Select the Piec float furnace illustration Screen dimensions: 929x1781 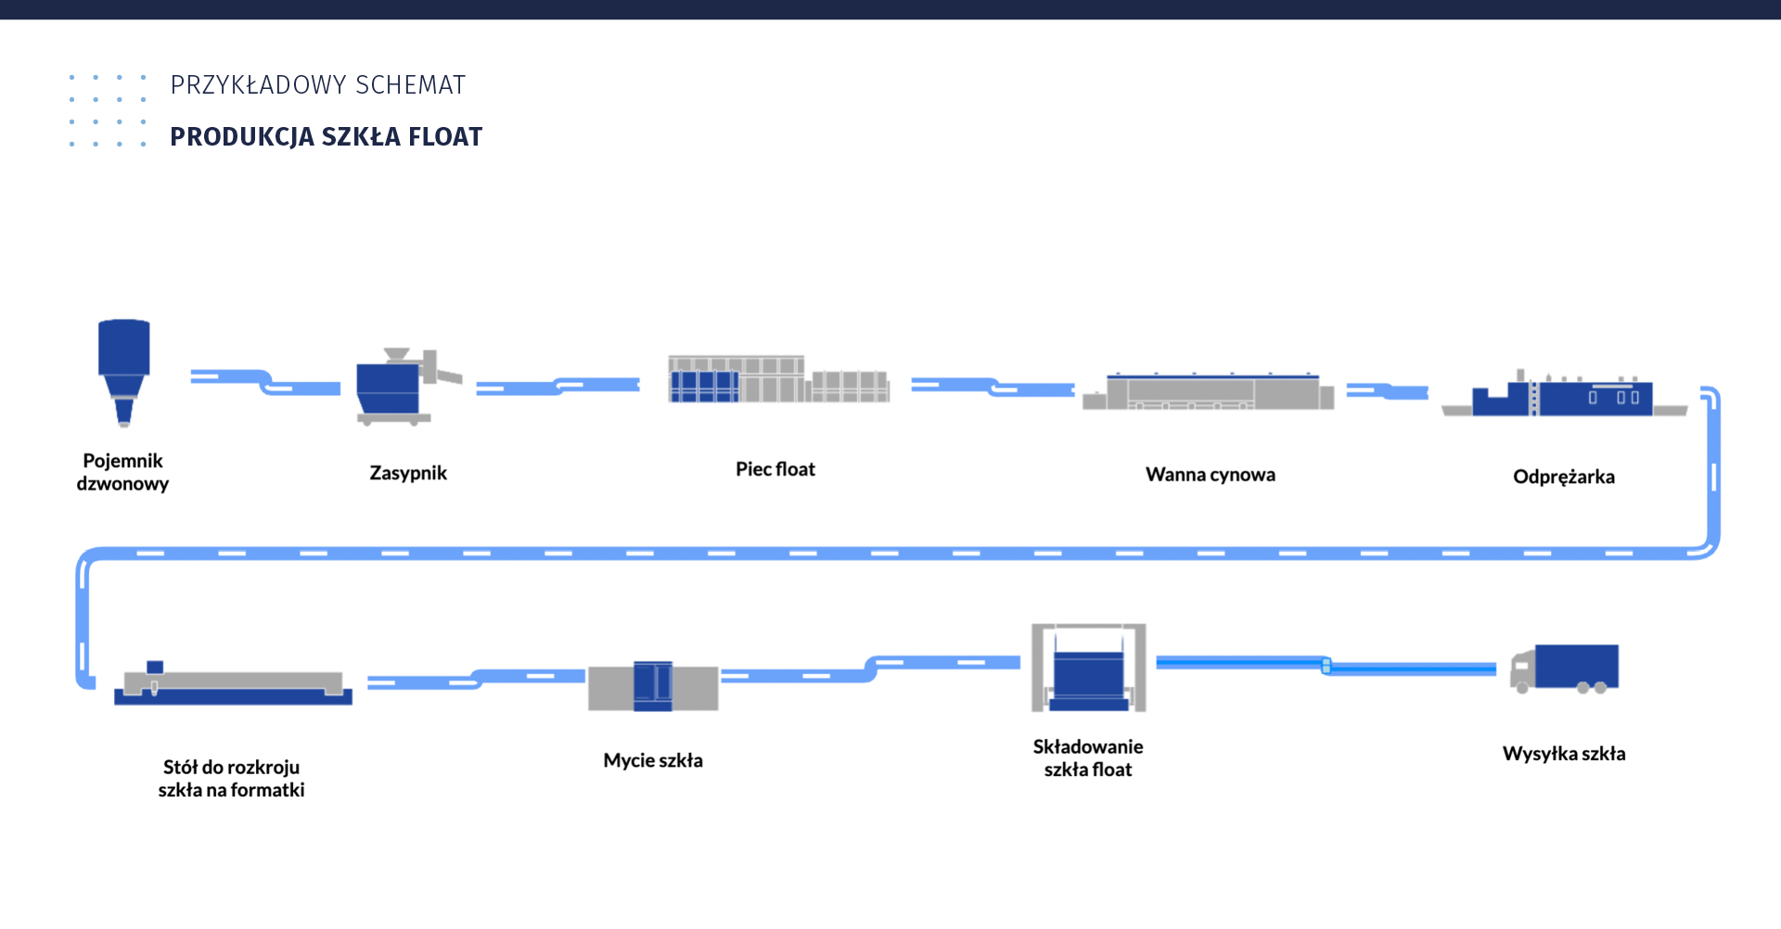click(777, 379)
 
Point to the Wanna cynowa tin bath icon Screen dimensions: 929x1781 click(1208, 391)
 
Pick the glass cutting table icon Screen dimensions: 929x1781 click(233, 687)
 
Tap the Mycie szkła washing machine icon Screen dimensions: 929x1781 click(653, 687)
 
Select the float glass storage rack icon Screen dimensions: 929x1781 click(1088, 668)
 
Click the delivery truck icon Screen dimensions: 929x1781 click(1565, 668)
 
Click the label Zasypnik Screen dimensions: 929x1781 click(408, 473)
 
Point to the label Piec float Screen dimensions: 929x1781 click(775, 469)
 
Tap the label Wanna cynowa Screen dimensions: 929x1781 click(1210, 475)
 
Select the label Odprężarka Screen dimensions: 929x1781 click(1563, 477)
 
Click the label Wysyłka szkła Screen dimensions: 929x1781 click(1563, 754)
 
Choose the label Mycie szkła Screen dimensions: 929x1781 click(653, 760)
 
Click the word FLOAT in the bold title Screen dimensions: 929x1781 click(445, 137)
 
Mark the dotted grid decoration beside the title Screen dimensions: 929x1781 click(108, 110)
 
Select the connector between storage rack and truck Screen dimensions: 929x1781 click(1326, 665)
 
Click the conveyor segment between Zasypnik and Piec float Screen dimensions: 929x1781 click(557, 386)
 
